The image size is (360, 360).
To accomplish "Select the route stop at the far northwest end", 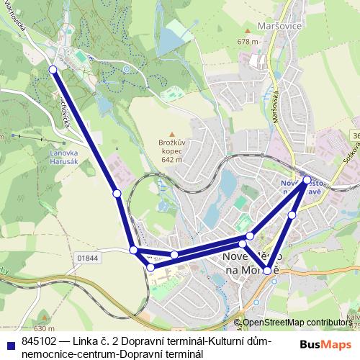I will tap(52, 69).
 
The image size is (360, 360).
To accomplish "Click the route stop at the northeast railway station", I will tap(307, 179).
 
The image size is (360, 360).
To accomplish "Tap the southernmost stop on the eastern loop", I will tap(268, 271).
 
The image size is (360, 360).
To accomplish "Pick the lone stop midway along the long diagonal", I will tap(117, 193).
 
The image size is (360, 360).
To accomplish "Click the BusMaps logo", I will tap(326, 344).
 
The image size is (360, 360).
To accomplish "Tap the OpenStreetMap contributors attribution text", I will tap(300, 323).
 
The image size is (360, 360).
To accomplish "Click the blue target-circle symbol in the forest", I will tap(126, 69).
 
